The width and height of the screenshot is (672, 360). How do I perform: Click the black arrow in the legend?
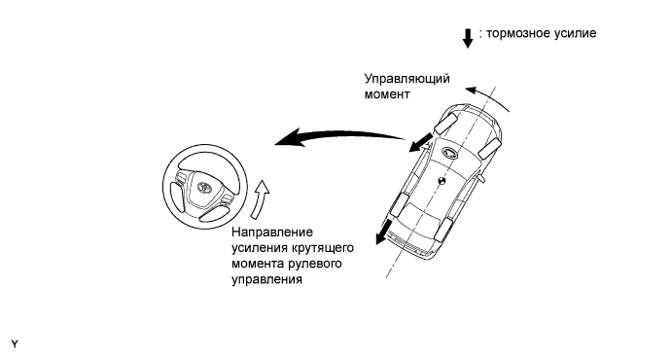(x=468, y=36)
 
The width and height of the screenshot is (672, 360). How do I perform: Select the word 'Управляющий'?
(x=403, y=80)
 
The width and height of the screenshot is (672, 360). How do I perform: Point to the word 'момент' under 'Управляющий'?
(x=386, y=96)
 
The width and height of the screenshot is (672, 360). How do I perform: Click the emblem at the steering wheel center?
(x=203, y=187)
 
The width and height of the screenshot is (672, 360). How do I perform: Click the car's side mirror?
(x=481, y=180)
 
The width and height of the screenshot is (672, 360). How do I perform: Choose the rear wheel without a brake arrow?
(x=448, y=231)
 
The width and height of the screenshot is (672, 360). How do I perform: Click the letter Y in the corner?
(x=14, y=344)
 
